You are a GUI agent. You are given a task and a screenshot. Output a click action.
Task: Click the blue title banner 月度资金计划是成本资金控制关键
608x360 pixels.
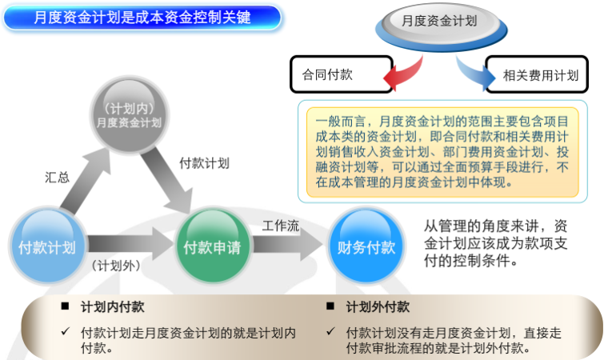tap(142, 17)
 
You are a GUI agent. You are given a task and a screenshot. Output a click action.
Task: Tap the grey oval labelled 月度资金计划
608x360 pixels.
tap(438, 22)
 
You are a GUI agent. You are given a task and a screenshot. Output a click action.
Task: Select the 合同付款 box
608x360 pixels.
tap(340, 74)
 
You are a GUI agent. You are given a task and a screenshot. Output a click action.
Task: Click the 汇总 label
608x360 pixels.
tap(57, 178)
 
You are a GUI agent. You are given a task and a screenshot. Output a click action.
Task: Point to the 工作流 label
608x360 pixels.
tap(281, 226)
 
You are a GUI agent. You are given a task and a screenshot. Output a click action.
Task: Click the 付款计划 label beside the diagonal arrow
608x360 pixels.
tap(204, 162)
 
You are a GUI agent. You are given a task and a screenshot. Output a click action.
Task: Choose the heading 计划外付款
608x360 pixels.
tap(378, 306)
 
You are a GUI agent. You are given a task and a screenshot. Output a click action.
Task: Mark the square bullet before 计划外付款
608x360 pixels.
tap(330, 306)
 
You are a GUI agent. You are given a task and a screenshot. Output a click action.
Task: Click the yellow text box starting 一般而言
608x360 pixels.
tap(442, 150)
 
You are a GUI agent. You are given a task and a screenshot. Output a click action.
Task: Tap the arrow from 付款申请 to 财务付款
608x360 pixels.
tap(285, 246)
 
